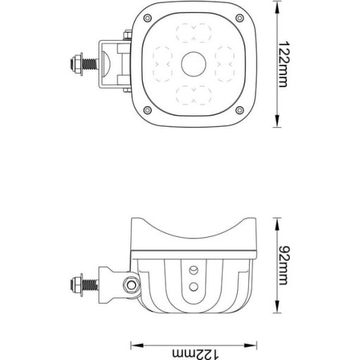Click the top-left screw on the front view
(x=147, y=18)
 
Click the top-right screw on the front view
(x=240, y=18)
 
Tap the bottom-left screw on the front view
(x=147, y=110)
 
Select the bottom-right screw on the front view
(x=240, y=110)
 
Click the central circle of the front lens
(x=193, y=64)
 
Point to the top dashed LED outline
(x=193, y=33)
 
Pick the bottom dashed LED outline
(x=193, y=95)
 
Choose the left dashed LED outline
(x=162, y=64)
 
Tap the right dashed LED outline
(x=225, y=64)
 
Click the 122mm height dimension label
(x=284, y=65)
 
